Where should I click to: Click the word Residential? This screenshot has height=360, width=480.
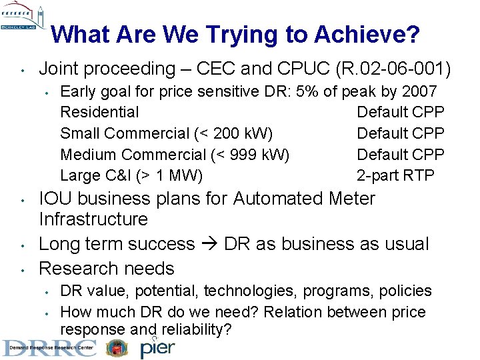pyautogui.click(x=99, y=112)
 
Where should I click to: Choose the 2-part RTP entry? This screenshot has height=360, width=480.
pyautogui.click(x=395, y=176)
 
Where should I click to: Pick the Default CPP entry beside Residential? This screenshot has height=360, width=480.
pyautogui.click(x=400, y=112)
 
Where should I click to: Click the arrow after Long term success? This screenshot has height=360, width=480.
pyautogui.click(x=209, y=244)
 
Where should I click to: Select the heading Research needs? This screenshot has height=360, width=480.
pyautogui.click(x=107, y=269)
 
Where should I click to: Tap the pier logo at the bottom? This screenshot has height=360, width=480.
pyautogui.click(x=159, y=347)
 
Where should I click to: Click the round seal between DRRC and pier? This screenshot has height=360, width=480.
pyautogui.click(x=118, y=347)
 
